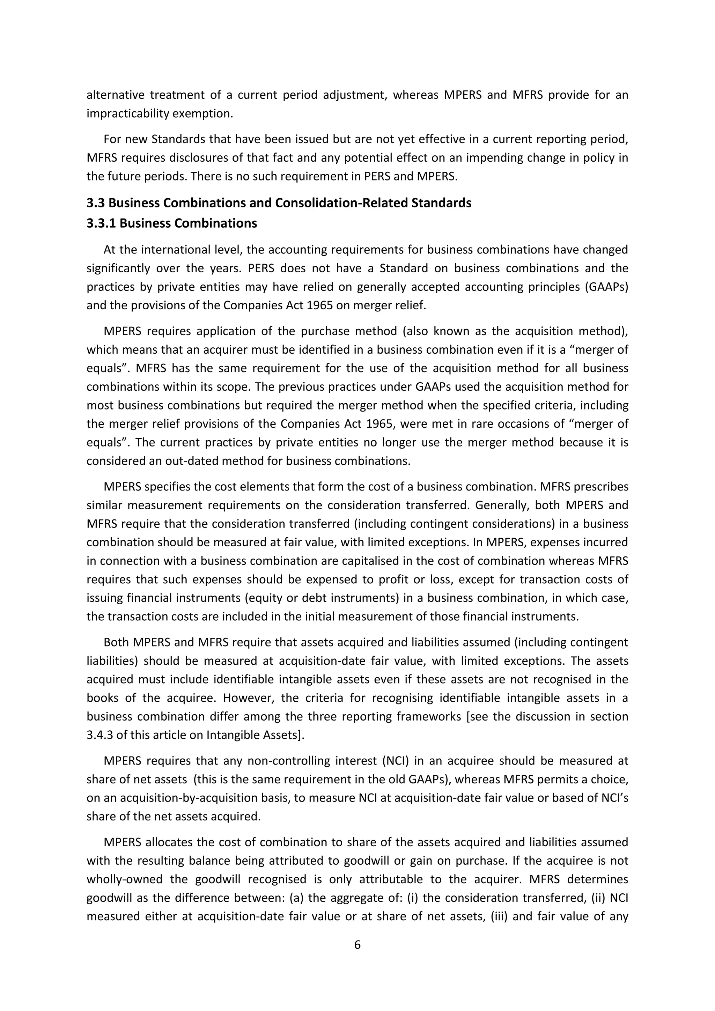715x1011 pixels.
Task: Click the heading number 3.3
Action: (x=96, y=203)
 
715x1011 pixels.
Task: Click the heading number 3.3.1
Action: (x=101, y=223)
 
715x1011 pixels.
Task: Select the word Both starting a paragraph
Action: (x=116, y=642)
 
